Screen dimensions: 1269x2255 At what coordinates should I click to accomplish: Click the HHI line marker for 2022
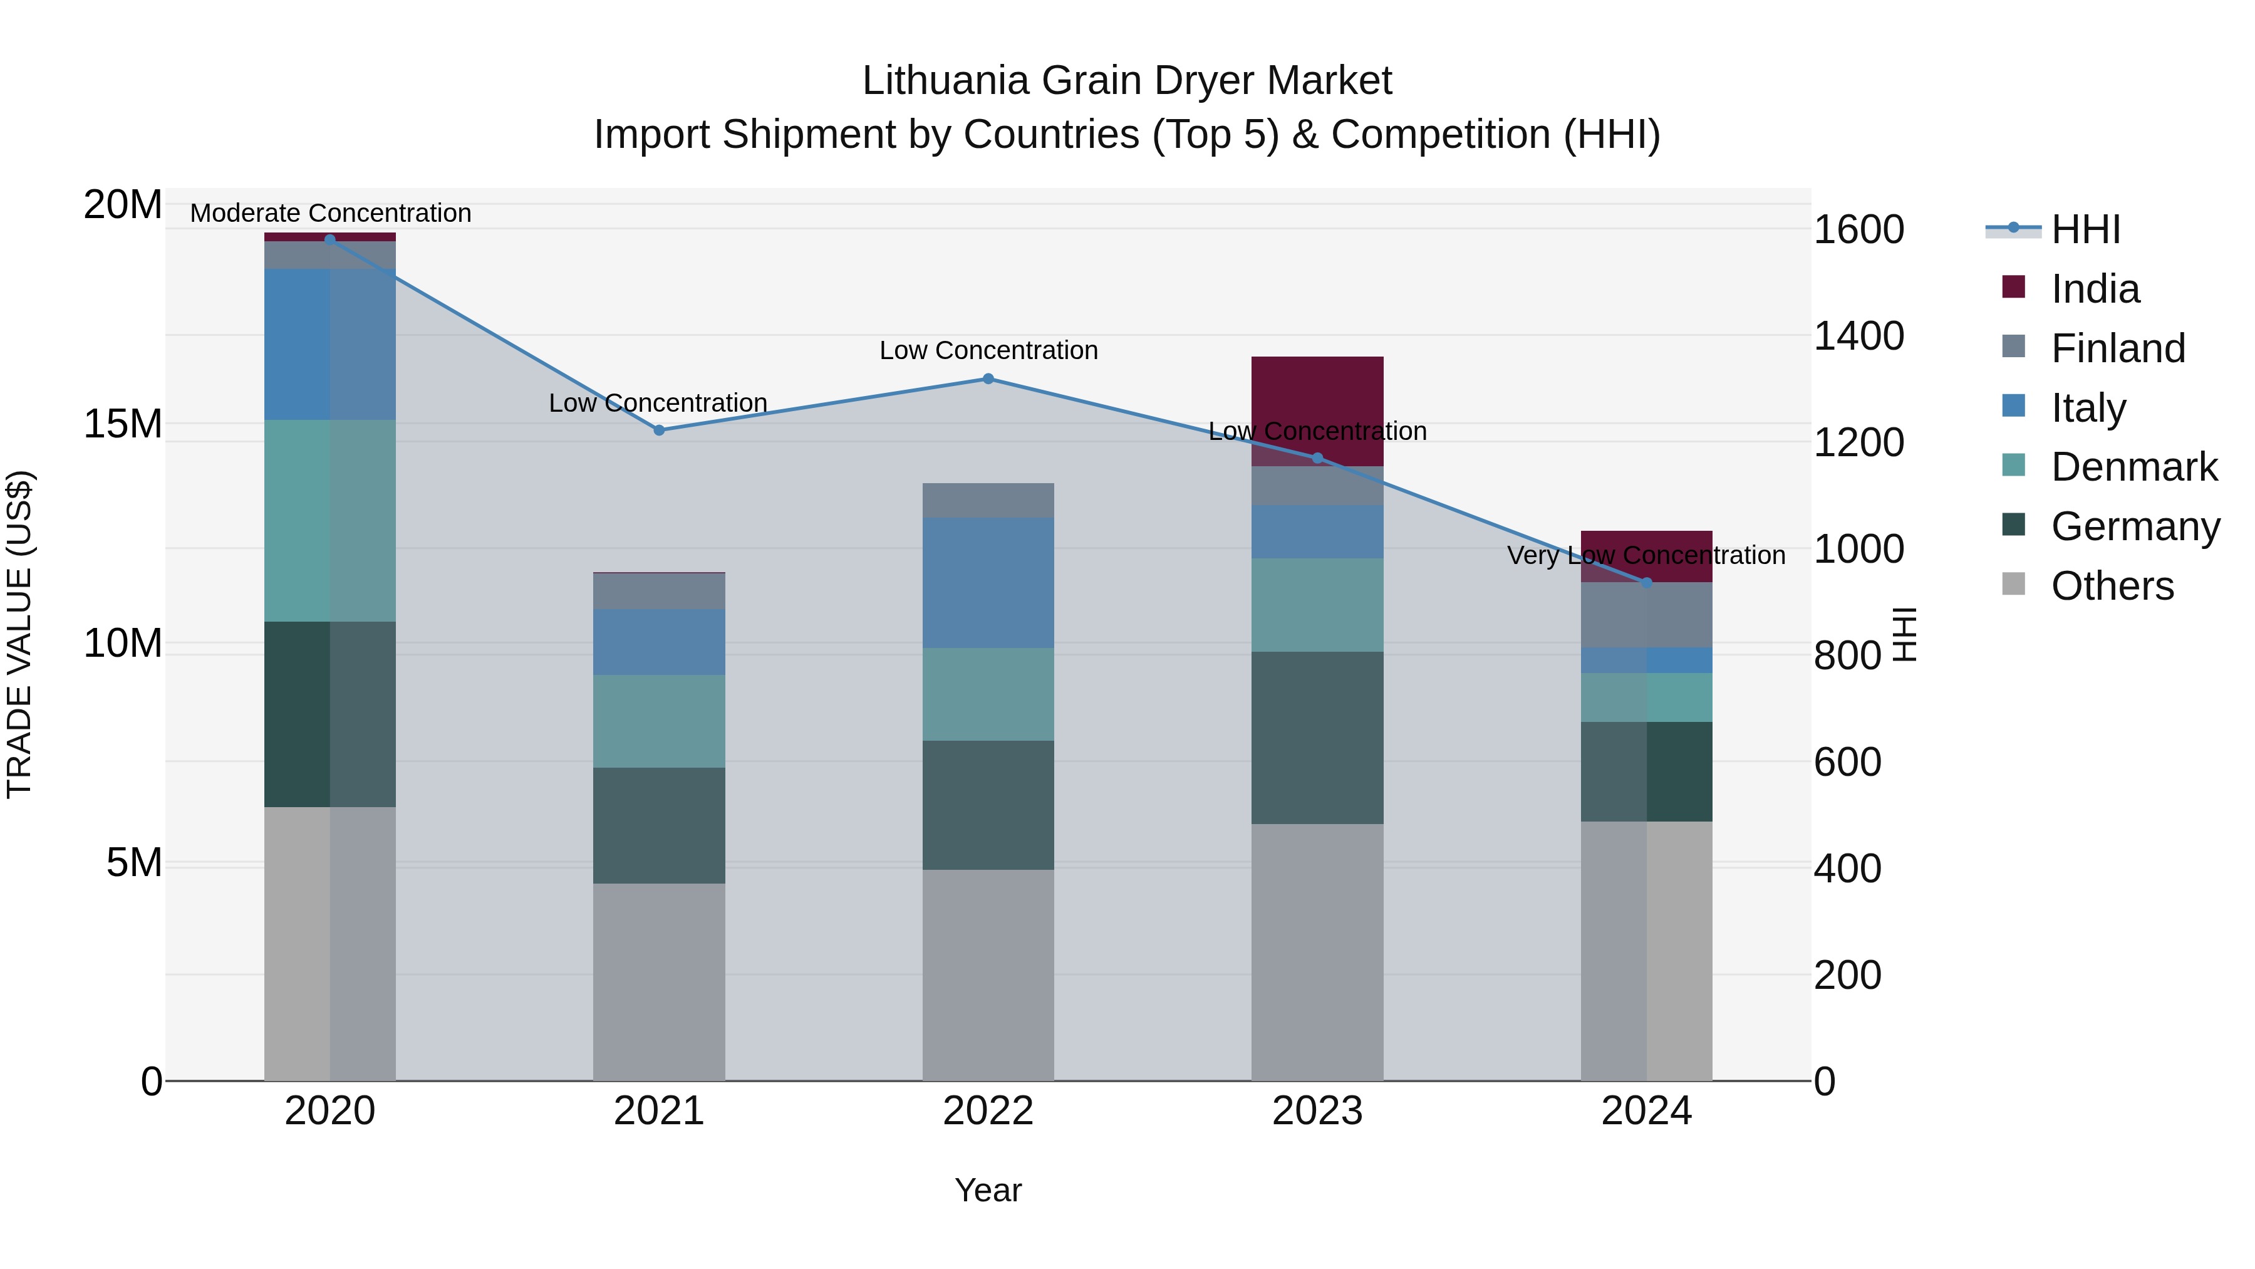[x=988, y=379]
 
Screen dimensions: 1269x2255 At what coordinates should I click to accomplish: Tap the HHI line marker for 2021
[x=659, y=430]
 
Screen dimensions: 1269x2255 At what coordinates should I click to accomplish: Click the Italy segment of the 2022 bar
[x=988, y=582]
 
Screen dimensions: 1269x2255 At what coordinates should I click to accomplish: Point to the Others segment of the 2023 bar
[x=1317, y=952]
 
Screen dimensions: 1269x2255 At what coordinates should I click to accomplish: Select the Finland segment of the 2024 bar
[x=1647, y=615]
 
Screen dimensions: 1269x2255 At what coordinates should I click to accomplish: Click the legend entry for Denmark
[x=2133, y=467]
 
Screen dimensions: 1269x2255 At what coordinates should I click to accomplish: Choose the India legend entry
[x=2095, y=289]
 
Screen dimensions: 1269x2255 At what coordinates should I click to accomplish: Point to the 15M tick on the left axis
[x=123, y=424]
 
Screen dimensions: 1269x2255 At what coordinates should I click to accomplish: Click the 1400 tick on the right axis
[x=1858, y=337]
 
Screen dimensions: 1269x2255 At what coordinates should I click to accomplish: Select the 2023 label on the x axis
[x=1317, y=1111]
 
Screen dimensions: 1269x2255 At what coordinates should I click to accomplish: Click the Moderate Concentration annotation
[x=330, y=213]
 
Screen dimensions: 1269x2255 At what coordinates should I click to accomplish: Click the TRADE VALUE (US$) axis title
[x=19, y=634]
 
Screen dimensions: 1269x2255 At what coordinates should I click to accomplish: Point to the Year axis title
[x=988, y=1190]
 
